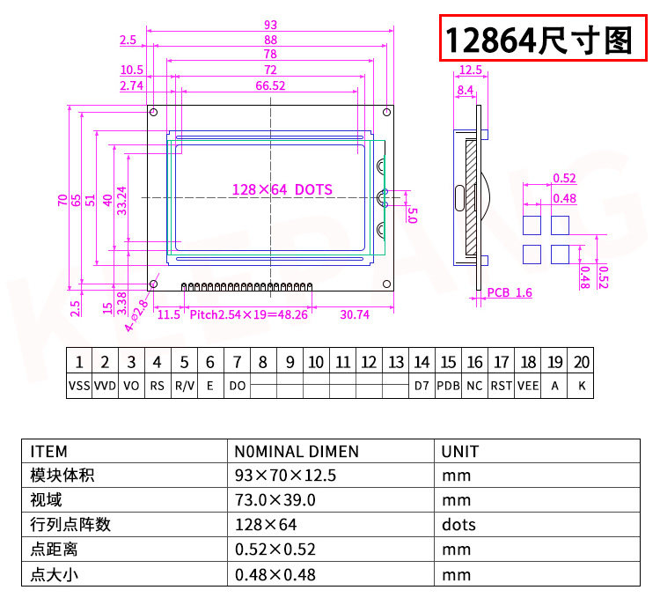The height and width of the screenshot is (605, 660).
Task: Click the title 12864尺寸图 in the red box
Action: coord(539,40)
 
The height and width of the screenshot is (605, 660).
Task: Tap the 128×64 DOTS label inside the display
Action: coord(282,189)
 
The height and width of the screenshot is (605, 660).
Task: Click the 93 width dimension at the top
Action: coord(269,25)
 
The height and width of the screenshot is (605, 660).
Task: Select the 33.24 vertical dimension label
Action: coord(122,201)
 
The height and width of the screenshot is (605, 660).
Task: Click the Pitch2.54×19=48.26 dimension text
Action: coord(248,314)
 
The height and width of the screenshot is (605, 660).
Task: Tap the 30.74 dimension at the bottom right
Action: coord(354,314)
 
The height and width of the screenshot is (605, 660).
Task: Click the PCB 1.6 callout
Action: coord(510,292)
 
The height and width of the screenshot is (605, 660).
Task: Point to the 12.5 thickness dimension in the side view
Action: coord(470,70)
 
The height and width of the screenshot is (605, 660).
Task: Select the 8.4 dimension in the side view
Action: coord(466,90)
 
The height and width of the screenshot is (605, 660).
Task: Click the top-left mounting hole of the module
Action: coord(153,113)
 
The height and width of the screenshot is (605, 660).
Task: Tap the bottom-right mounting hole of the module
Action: coord(386,284)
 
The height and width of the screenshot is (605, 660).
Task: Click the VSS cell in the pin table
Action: coord(79,386)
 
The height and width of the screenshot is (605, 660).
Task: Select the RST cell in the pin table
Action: coord(502,386)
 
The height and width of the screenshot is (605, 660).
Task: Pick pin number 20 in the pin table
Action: coord(581,362)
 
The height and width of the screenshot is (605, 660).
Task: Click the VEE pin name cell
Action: coord(528,386)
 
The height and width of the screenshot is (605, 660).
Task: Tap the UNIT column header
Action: coord(460,452)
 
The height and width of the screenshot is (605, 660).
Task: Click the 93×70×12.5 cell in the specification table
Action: coord(286,476)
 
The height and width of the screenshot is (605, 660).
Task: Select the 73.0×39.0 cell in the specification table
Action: coord(275,500)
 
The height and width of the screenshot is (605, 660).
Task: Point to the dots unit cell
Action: coord(458,525)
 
